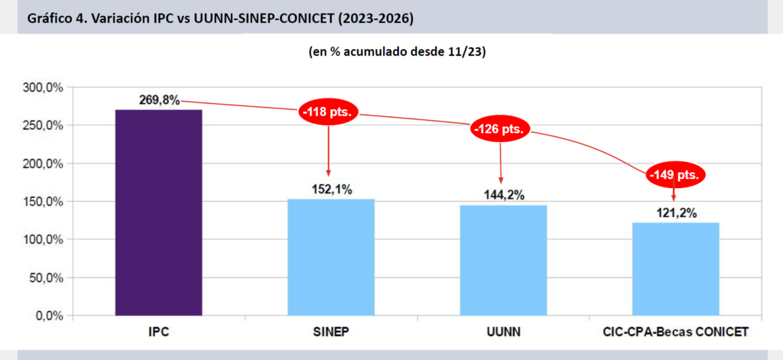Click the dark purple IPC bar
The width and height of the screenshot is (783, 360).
pyautogui.click(x=158, y=212)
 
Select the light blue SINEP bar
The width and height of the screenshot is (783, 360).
pyautogui.click(x=330, y=257)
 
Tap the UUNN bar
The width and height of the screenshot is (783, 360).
pyautogui.click(x=503, y=260)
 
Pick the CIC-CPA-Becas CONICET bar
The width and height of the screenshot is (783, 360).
pyautogui.click(x=675, y=268)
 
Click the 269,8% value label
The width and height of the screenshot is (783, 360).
pyautogui.click(x=159, y=100)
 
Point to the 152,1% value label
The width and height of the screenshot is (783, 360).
pyautogui.click(x=331, y=190)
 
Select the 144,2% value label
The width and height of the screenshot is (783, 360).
pyautogui.click(x=503, y=196)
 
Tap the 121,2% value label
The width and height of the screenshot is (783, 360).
pyautogui.click(x=675, y=213)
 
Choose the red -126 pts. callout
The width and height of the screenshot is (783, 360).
pyautogui.click(x=501, y=129)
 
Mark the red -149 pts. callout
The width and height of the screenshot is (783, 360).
pyautogui.click(x=674, y=175)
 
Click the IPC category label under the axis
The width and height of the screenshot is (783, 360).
pyautogui.click(x=158, y=332)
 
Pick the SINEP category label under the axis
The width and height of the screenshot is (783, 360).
pyautogui.click(x=330, y=332)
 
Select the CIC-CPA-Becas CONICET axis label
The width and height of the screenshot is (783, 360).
pyautogui.click(x=674, y=332)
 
